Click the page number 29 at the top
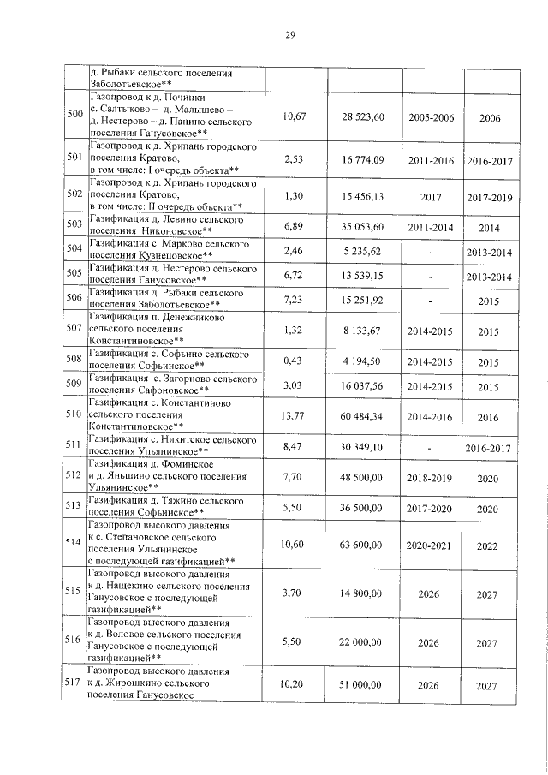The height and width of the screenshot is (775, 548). [x=290, y=35]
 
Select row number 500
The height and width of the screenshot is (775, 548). [x=74, y=115]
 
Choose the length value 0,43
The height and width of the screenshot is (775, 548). [x=294, y=361]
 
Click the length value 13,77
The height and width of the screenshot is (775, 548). [x=294, y=414]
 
